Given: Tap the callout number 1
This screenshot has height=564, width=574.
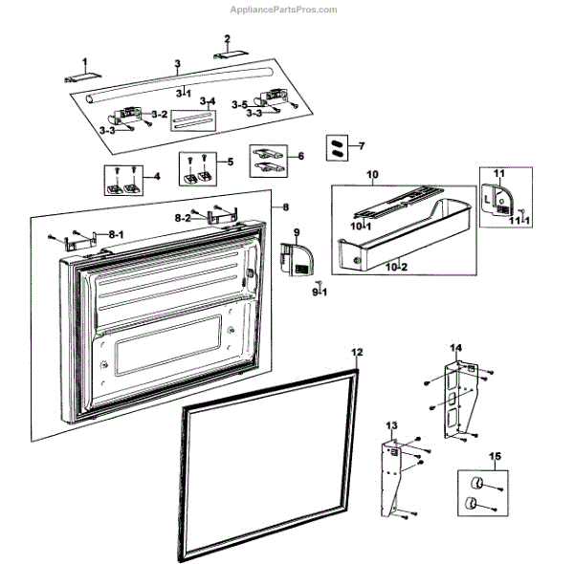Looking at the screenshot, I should (83, 60).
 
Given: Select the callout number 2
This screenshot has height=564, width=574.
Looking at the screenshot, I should (227, 39).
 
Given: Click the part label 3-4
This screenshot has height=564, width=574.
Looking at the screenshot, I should (206, 101).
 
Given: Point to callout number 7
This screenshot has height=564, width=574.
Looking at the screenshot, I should (361, 146).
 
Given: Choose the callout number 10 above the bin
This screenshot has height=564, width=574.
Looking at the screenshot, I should (373, 175).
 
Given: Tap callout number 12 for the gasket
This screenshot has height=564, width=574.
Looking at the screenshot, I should (356, 353).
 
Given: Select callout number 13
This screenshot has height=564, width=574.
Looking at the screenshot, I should (390, 423).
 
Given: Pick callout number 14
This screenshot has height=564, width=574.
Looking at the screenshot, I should (456, 347).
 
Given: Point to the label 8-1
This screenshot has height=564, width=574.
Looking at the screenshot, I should (116, 233).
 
